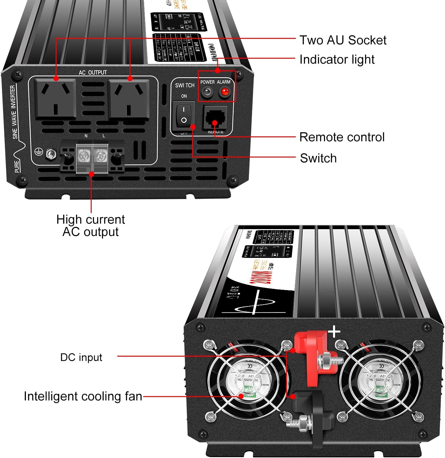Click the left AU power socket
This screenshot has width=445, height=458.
pos(56,98)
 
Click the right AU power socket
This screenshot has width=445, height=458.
pos(129,98)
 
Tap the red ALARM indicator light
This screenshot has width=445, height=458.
pos(225,92)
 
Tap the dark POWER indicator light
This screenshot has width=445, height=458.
pos(207,92)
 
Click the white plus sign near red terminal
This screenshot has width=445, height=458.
pos(334,332)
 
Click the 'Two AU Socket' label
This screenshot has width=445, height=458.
pos(343,40)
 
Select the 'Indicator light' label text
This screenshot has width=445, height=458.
pos(337,59)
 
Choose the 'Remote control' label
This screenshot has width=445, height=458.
pos(342,137)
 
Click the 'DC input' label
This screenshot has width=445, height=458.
pos(81,357)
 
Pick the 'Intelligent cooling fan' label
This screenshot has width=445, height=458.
pos(83,396)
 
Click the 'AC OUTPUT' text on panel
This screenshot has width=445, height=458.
pos(93,73)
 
